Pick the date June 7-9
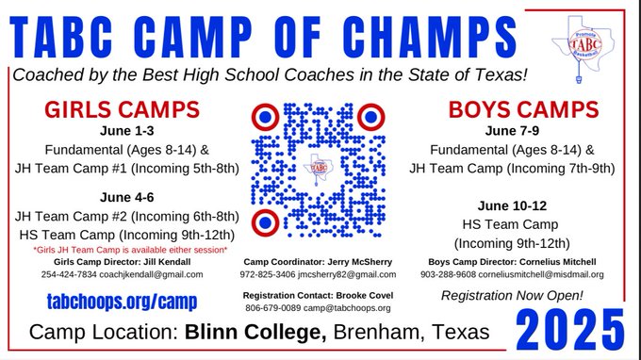click(x=512, y=131)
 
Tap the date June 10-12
click(x=512, y=205)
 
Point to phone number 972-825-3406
click(x=268, y=274)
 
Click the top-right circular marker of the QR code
click(x=370, y=117)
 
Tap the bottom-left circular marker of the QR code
click(x=266, y=223)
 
